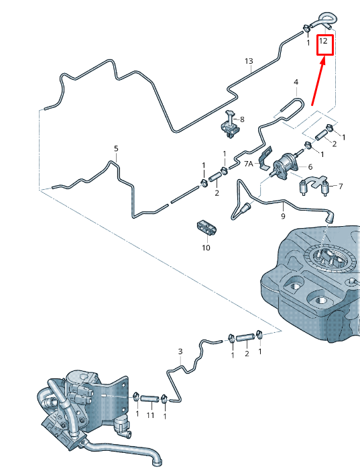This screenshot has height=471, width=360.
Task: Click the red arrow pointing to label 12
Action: click(318, 83)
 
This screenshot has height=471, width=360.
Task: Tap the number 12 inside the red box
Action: click(323, 40)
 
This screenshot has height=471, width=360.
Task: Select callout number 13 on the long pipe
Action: click(249, 61)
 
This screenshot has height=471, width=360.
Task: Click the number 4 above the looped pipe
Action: click(296, 82)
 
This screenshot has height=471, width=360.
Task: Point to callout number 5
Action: click(116, 148)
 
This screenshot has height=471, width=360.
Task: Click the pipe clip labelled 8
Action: click(231, 125)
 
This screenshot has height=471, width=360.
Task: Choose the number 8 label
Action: click(242, 119)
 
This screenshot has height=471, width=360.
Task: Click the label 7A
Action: click(249, 164)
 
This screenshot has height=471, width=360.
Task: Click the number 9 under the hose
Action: click(283, 216)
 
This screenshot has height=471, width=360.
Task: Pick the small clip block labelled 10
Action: click(207, 227)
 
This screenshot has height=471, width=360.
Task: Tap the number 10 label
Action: click(206, 248)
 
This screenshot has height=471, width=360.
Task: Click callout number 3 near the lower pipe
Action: click(180, 351)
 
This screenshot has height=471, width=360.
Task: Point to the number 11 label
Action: click(150, 415)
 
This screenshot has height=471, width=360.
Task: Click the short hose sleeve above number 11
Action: click(149, 399)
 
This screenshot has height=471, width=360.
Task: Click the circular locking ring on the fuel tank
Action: click(332, 258)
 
